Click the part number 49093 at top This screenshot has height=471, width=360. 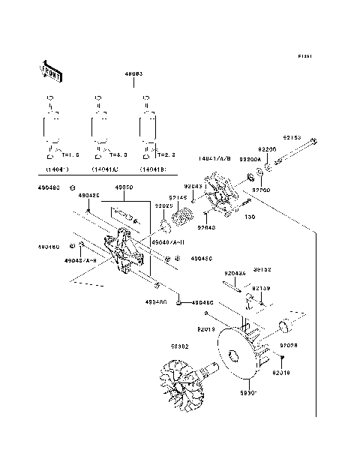coord(135,75)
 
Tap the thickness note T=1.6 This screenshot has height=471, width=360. coord(71,154)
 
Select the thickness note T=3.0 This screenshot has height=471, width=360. coord(118,154)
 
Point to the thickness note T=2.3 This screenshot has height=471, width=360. coord(166,154)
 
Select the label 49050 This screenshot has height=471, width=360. coord(124,187)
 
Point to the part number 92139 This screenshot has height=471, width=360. coord(260,287)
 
